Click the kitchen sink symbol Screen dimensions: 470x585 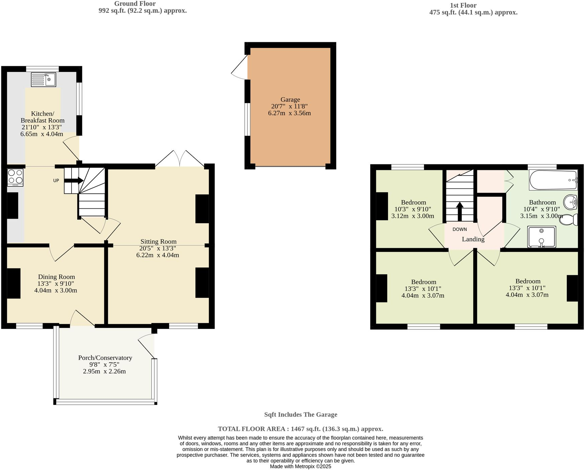(x=44, y=80)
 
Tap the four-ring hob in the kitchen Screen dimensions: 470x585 (x=16, y=177)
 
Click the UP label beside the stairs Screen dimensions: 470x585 (x=56, y=181)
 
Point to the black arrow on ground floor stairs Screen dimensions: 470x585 (x=74, y=181)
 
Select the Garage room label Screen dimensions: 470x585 (x=290, y=100)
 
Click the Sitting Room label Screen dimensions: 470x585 (x=158, y=241)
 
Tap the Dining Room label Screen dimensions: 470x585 (x=56, y=277)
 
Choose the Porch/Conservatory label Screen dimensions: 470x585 (x=105, y=358)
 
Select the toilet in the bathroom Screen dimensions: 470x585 (x=569, y=220)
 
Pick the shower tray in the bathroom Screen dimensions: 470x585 (x=541, y=237)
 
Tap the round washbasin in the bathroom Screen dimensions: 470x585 (x=570, y=202)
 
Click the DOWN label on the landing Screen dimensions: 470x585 (x=459, y=229)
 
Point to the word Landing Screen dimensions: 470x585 (x=473, y=239)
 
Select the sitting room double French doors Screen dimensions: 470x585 (x=180, y=159)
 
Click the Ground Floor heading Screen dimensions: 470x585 (x=135, y=4)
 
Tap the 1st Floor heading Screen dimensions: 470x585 (x=463, y=5)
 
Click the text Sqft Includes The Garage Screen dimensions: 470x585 (x=301, y=415)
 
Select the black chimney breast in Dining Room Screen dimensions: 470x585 (x=14, y=283)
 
